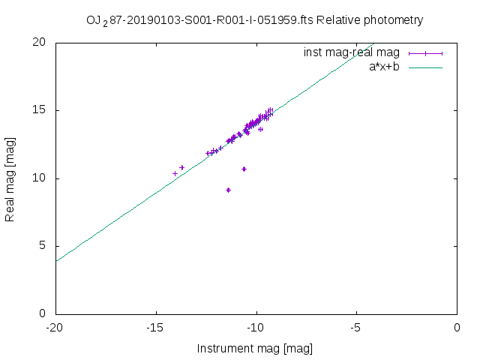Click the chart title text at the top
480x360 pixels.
255,20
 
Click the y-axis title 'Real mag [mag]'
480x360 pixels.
10,178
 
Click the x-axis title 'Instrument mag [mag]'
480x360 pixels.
255,348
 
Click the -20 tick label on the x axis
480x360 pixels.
55,328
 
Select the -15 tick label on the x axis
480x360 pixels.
156,328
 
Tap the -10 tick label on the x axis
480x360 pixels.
256,328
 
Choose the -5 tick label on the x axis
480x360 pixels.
357,328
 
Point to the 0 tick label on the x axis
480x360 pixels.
457,328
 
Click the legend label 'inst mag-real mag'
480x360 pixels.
352,52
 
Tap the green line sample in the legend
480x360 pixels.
425,67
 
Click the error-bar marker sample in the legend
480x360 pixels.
425,52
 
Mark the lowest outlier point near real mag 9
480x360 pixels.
228,190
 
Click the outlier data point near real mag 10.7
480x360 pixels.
244,169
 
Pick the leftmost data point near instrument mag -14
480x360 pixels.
175,173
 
